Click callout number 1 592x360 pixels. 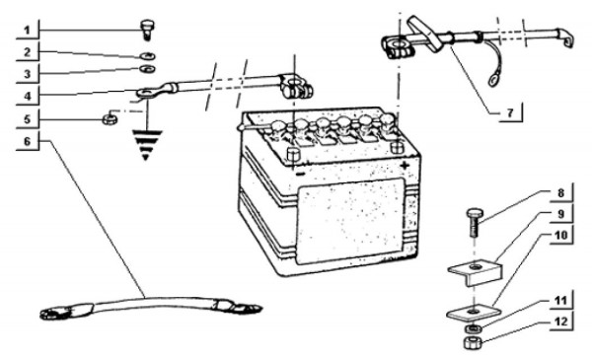pyautogui.click(x=27, y=31)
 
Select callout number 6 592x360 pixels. pyautogui.click(x=27, y=141)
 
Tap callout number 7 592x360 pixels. pyautogui.click(x=510, y=112)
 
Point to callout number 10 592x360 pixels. pyautogui.click(x=560, y=235)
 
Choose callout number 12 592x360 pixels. pyautogui.click(x=561, y=322)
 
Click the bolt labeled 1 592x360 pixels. pyautogui.click(x=146, y=30)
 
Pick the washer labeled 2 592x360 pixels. pyautogui.click(x=148, y=56)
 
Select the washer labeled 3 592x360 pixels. pyautogui.click(x=146, y=69)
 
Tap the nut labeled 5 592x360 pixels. pyautogui.click(x=110, y=120)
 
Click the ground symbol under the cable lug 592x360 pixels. pyautogui.click(x=146, y=145)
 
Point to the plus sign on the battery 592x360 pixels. pyautogui.click(x=405, y=165)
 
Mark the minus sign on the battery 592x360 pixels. pyautogui.click(x=300, y=175)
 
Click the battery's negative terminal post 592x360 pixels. pyautogui.click(x=293, y=154)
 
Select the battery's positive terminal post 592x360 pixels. pyautogui.click(x=397, y=146)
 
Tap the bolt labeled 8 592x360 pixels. pyautogui.click(x=474, y=223)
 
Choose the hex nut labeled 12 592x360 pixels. pyautogui.click(x=472, y=343)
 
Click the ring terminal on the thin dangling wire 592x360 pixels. pyautogui.click(x=493, y=80)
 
